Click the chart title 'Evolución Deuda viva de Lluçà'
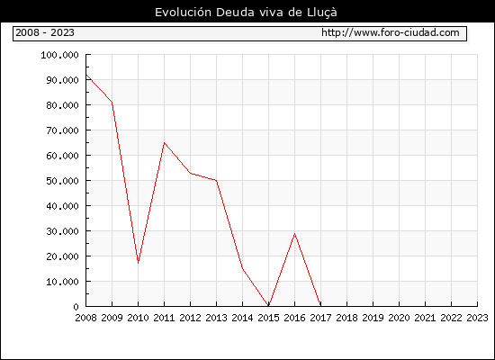coord(246,13)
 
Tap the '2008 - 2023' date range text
coord(45,32)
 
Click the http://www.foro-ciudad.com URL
coord(391,32)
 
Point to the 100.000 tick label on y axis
coord(59,55)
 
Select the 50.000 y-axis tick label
coord(62,181)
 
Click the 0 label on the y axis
coord(76,307)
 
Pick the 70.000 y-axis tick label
coord(62,130)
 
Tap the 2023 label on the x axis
coord(477,318)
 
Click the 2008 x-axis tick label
coord(85,318)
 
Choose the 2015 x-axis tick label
coord(269,318)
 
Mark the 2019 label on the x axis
coord(373,318)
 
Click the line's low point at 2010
coord(139,263)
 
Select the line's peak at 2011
coord(164,143)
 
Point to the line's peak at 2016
coord(295,234)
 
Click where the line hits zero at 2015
coord(269,306)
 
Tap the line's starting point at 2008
coord(86,75)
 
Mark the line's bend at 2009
coord(112,103)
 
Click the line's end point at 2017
coord(320,306)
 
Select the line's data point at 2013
coord(217,180)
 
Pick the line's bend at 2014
coord(242,268)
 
